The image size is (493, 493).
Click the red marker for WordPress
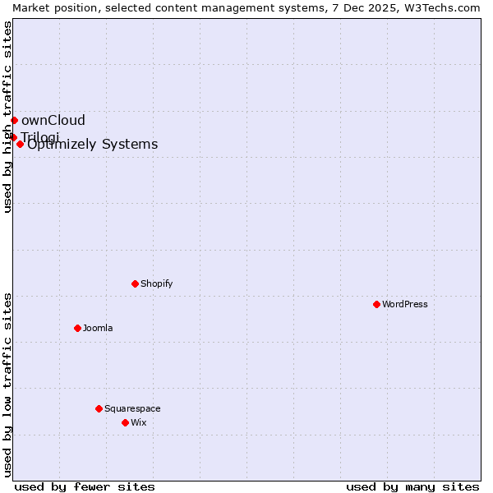[x=376, y=304]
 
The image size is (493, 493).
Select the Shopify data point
[x=135, y=283]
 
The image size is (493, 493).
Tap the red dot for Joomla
[x=77, y=328]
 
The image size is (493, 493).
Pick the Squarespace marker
[x=99, y=408]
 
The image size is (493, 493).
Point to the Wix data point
[x=125, y=422]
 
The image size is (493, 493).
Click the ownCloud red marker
[x=14, y=120]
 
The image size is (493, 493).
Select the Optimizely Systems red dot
[x=20, y=144]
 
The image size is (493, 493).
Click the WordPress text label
[x=405, y=304]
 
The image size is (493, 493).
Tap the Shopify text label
[x=156, y=283]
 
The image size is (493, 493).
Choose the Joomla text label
[x=98, y=328]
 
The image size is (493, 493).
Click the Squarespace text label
[x=132, y=408]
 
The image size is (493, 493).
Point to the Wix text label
[x=138, y=422]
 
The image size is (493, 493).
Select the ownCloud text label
[x=53, y=120]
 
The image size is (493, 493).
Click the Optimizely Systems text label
[x=93, y=145]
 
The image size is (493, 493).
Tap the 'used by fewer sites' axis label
[x=85, y=486]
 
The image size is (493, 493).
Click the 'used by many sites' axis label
[x=412, y=486]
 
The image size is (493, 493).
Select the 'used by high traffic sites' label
[x=7, y=117]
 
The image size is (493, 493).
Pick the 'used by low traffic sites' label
[x=7, y=385]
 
